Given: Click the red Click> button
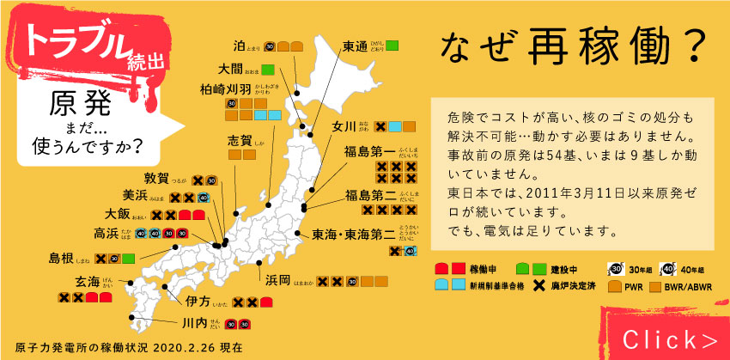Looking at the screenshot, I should click(x=670, y=337).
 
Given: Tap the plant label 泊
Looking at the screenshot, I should click(x=240, y=45).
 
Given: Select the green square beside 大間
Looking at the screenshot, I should click(x=268, y=68).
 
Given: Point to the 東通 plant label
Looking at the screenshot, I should click(x=355, y=46).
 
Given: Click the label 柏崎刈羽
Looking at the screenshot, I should click(x=225, y=88).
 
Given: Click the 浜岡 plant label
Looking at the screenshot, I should click(x=277, y=281).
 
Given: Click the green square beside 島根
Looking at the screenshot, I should click(x=128, y=258).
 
